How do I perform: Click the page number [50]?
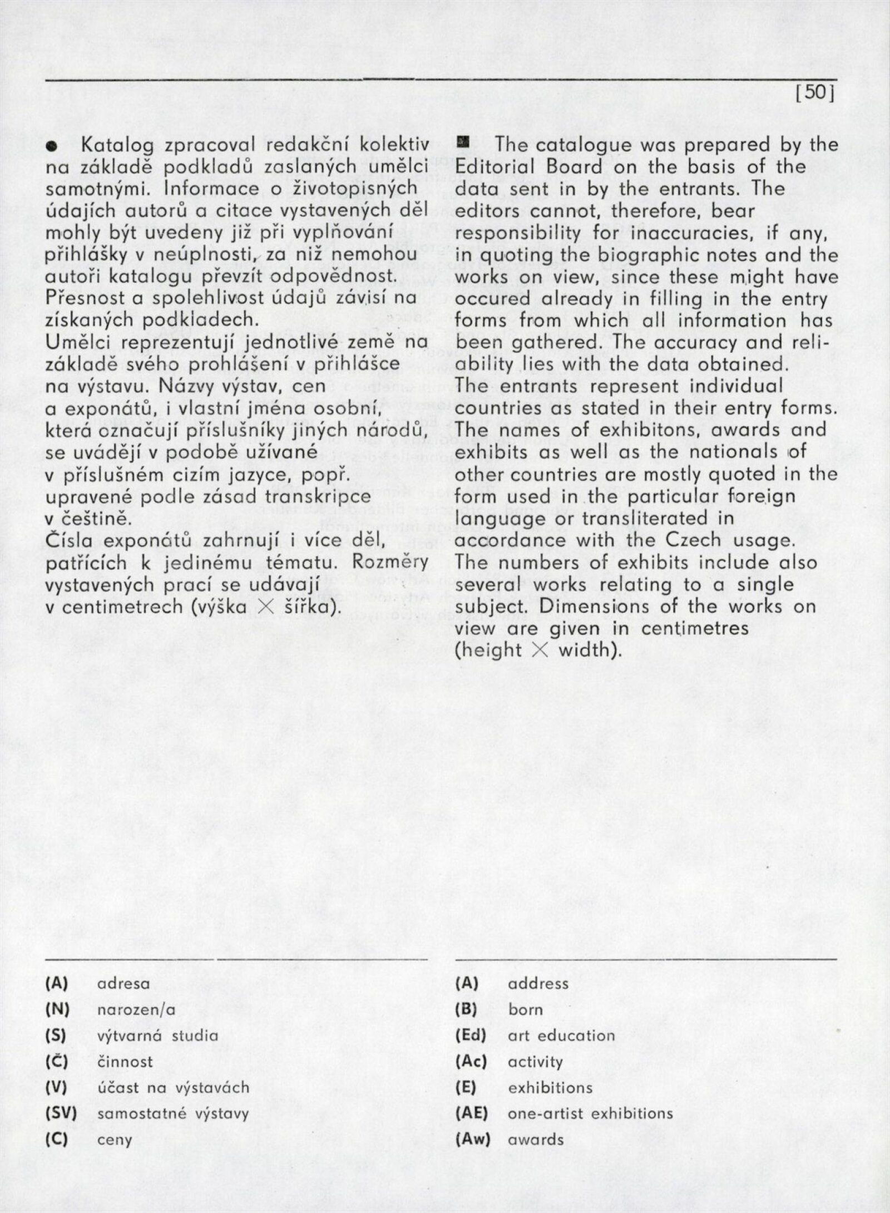click(x=816, y=92)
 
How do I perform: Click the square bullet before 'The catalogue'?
click(x=461, y=145)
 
